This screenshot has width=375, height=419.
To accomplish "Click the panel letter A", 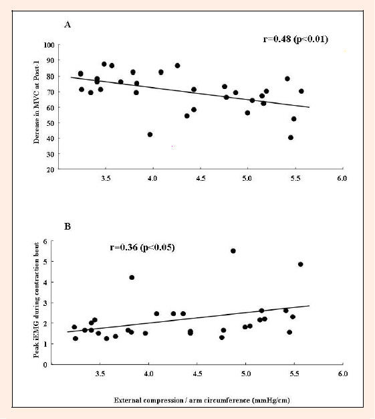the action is [x=68, y=25].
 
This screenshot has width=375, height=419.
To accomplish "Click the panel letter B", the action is [x=68, y=226].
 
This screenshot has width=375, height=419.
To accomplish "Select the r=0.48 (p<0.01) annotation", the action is [x=295, y=39].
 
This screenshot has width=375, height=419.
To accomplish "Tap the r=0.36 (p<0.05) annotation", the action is [x=142, y=247].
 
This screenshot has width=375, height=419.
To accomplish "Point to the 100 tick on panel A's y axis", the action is [x=49, y=45].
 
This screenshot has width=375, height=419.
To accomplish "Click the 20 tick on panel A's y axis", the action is [x=50, y=169].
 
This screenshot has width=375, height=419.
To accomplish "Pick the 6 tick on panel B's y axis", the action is [x=45, y=242].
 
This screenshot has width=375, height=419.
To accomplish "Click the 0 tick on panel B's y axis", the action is [x=45, y=365].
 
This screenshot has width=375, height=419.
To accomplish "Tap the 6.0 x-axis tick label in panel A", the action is [x=342, y=178].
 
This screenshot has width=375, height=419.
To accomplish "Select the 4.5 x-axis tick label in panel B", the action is [x=197, y=373].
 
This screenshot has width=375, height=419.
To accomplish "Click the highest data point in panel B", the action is [x=233, y=251].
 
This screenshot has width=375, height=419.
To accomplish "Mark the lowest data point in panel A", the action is [x=291, y=138].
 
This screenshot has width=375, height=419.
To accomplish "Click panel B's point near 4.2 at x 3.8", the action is [x=132, y=278].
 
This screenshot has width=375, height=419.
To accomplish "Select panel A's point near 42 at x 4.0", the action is [x=150, y=135].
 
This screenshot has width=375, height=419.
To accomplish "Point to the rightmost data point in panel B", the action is [x=301, y=264].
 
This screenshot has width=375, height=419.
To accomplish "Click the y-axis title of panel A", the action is [x=36, y=102].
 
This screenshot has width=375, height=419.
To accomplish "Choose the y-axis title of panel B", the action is [x=36, y=300].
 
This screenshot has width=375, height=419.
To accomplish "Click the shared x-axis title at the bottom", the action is [x=202, y=400].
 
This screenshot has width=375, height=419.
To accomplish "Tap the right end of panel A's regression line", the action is [x=309, y=107].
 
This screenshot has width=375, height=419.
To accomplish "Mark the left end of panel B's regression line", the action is [x=68, y=332].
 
